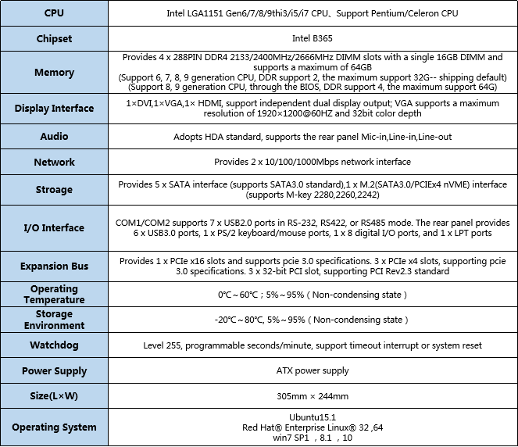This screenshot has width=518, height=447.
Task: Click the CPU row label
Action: [54, 13]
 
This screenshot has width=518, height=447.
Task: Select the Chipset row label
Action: [54, 39]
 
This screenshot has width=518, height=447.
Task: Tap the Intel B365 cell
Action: [313, 39]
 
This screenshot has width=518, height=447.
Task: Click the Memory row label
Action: [54, 73]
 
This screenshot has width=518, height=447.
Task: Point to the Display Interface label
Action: [54, 109]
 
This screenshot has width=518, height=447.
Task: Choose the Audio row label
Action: [54, 136]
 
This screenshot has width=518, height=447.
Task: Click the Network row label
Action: [54, 162]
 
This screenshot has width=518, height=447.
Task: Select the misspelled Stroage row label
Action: [54, 189]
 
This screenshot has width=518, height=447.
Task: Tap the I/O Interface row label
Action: [54, 227]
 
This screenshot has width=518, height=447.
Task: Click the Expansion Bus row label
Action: [54, 266]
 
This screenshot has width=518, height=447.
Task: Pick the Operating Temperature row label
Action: [54, 295]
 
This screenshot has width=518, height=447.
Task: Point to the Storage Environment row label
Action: [54, 320]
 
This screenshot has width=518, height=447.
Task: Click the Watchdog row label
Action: [54, 345]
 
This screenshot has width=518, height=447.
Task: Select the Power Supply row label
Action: [54, 370]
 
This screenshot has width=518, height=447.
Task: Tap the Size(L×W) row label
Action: [54, 396]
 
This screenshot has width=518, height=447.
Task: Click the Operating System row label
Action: [54, 427]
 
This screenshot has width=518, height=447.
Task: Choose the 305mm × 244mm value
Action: [313, 396]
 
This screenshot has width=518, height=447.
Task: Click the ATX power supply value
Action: [313, 370]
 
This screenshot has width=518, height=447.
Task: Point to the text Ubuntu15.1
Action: [312, 417]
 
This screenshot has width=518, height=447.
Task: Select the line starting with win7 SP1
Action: [312, 438]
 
